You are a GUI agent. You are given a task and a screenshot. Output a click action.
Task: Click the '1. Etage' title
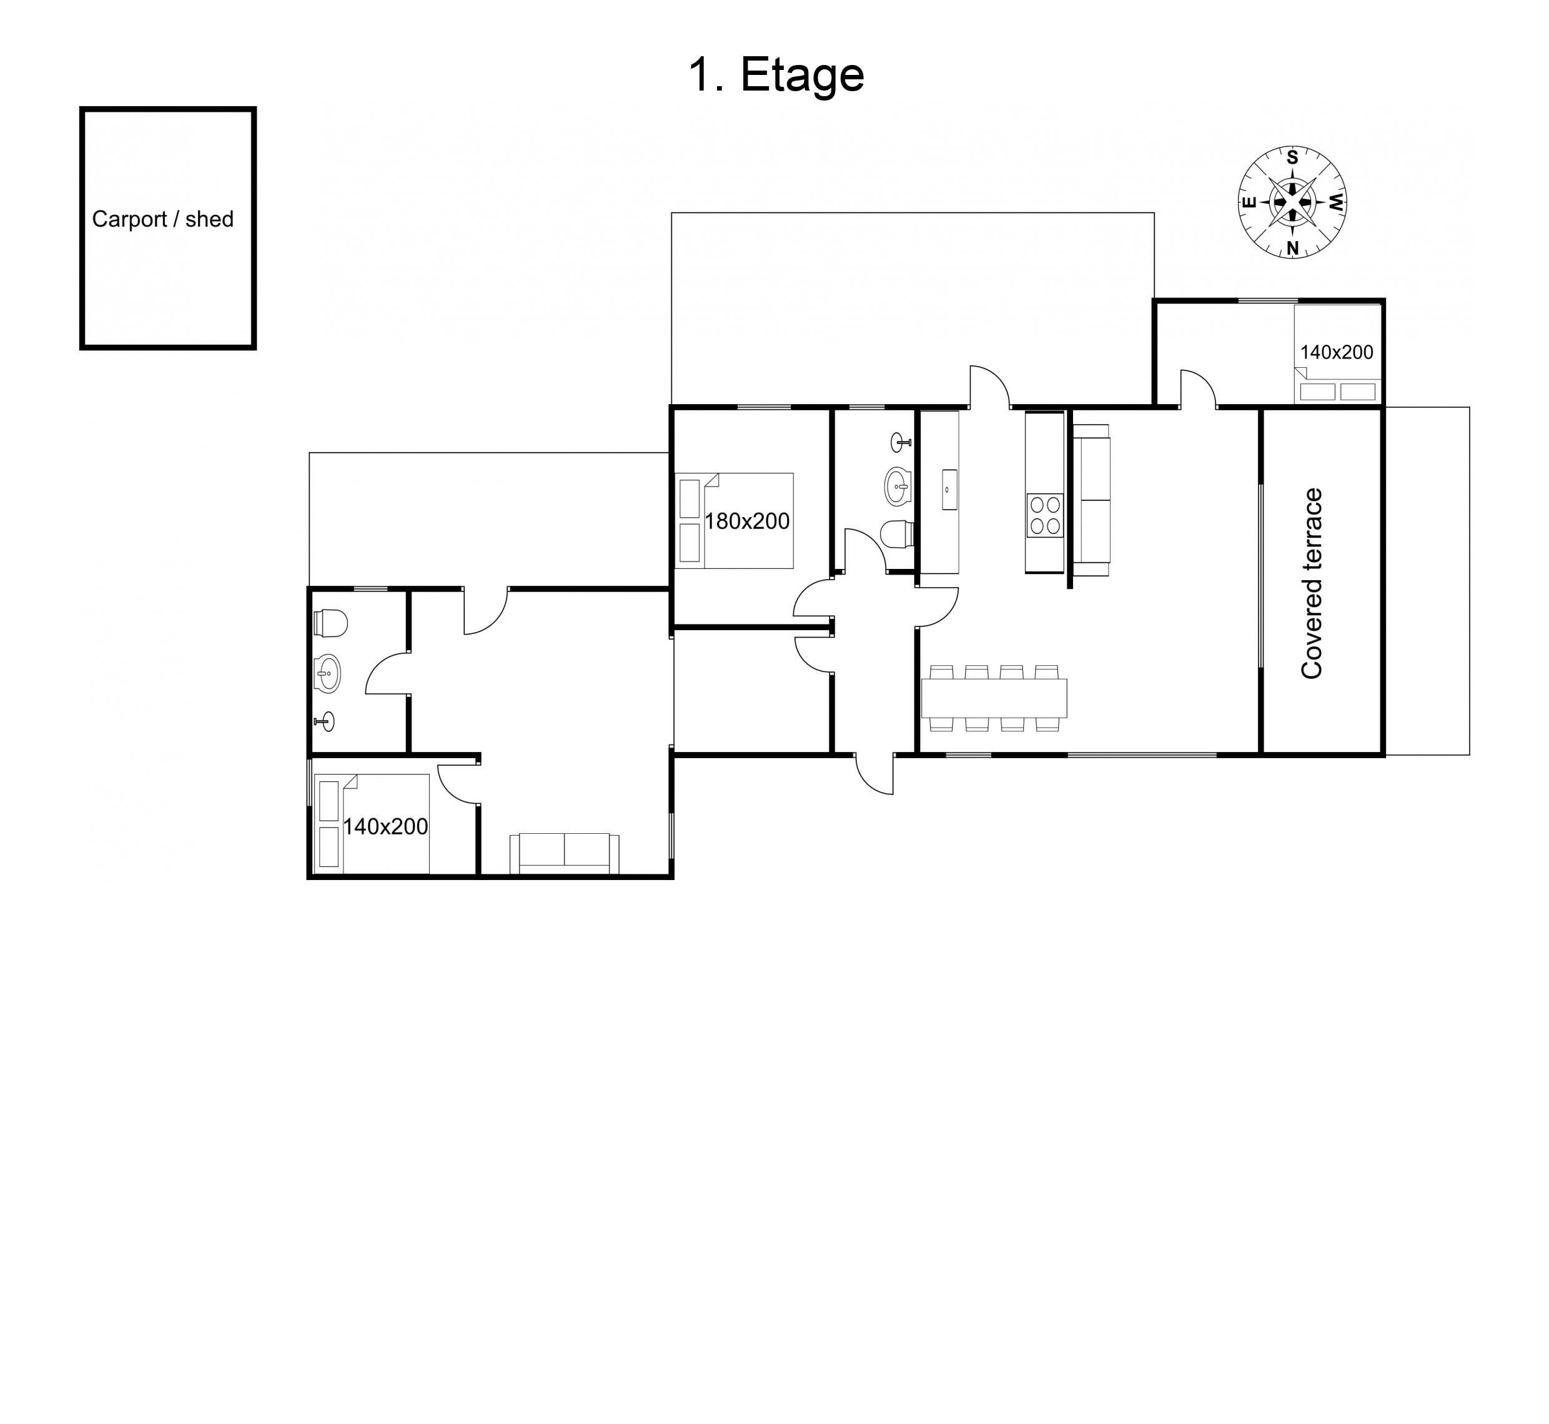click(x=776, y=76)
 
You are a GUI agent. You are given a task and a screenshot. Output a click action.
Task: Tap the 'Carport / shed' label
click(x=162, y=220)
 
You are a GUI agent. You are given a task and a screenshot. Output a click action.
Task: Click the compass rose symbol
click(x=1292, y=202)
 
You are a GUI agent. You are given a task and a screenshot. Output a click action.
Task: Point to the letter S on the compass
click(x=1292, y=158)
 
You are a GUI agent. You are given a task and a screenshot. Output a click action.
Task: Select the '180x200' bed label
click(x=747, y=522)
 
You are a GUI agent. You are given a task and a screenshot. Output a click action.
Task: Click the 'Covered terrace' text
click(x=1312, y=583)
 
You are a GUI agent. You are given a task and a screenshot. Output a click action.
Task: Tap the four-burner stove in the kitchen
click(x=1045, y=515)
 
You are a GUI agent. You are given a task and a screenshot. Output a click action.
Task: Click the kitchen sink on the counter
click(x=947, y=489)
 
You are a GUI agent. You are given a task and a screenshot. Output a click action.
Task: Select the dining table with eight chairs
click(x=994, y=698)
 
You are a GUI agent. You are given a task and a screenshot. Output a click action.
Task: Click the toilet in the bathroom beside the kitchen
click(x=897, y=534)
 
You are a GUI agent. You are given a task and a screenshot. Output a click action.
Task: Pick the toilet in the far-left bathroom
click(x=332, y=623)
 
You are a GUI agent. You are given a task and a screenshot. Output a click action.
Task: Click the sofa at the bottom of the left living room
click(x=565, y=853)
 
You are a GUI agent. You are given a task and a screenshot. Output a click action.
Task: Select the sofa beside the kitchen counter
click(x=1092, y=500)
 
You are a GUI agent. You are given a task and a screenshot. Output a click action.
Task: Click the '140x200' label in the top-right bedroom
click(x=1336, y=353)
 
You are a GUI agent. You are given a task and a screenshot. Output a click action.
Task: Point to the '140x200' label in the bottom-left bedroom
click(x=385, y=827)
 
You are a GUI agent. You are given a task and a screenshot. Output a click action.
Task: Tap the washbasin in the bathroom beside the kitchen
click(x=897, y=485)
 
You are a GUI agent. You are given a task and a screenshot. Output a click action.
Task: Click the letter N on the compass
click(x=1293, y=248)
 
